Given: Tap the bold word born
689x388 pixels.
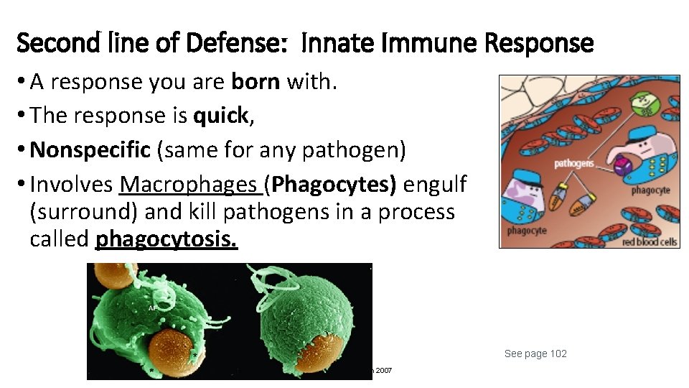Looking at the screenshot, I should (x=256, y=82).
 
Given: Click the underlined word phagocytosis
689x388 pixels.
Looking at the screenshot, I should (x=166, y=239).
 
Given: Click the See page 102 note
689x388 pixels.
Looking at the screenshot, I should (x=535, y=354).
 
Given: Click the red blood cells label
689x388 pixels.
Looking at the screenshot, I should (x=650, y=241).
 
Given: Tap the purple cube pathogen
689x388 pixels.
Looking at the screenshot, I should (x=621, y=166).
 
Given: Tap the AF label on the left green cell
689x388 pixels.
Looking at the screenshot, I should (x=152, y=308).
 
